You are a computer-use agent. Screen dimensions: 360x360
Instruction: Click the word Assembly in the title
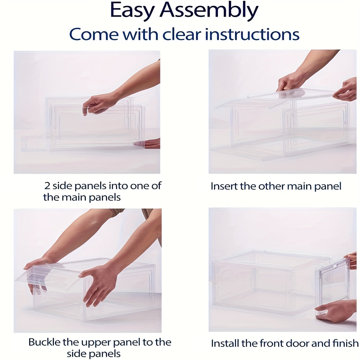point(209,11)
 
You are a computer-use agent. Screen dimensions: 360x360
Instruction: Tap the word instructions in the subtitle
point(252,34)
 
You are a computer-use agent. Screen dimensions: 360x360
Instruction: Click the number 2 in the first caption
point(47,186)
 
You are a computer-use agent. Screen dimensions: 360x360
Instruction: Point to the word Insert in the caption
point(224,186)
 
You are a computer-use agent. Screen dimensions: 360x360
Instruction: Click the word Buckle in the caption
point(45,342)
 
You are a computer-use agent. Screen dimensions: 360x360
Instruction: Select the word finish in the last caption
point(347,343)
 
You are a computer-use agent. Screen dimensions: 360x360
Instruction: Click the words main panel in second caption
point(314,186)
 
